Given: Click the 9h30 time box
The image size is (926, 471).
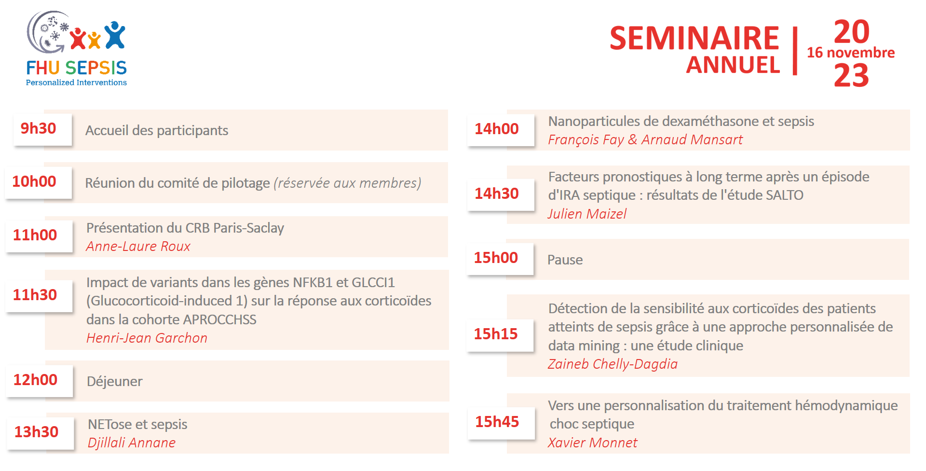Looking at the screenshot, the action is [x=43, y=129].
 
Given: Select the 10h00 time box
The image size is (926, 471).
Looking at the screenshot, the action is [x=39, y=182].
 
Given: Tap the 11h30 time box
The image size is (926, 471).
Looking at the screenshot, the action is [x=40, y=296].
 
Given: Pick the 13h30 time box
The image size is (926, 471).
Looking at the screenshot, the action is [x=41, y=433].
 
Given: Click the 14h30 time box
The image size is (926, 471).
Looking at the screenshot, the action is [x=501, y=194].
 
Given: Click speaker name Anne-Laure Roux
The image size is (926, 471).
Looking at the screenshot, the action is [x=138, y=247].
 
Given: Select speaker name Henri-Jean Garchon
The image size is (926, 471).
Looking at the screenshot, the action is [x=147, y=338].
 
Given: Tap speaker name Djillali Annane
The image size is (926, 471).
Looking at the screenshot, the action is [x=132, y=443].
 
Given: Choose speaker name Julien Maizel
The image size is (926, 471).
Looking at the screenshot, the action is [x=587, y=214].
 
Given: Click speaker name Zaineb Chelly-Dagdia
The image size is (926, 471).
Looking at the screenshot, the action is [x=613, y=364].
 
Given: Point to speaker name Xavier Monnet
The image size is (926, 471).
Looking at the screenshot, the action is [x=593, y=443].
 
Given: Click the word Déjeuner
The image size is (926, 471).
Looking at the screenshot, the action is [x=115, y=382].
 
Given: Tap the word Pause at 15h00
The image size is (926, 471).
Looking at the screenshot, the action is [x=565, y=260].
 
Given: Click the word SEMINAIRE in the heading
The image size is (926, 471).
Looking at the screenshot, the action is [x=694, y=39].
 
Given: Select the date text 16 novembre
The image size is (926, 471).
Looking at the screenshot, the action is [x=851, y=53].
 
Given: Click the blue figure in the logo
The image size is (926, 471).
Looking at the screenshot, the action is [x=115, y=35].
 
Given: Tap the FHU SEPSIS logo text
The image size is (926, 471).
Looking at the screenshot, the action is [x=77, y=68].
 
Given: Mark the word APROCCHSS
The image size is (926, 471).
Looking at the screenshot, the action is [x=220, y=320].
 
